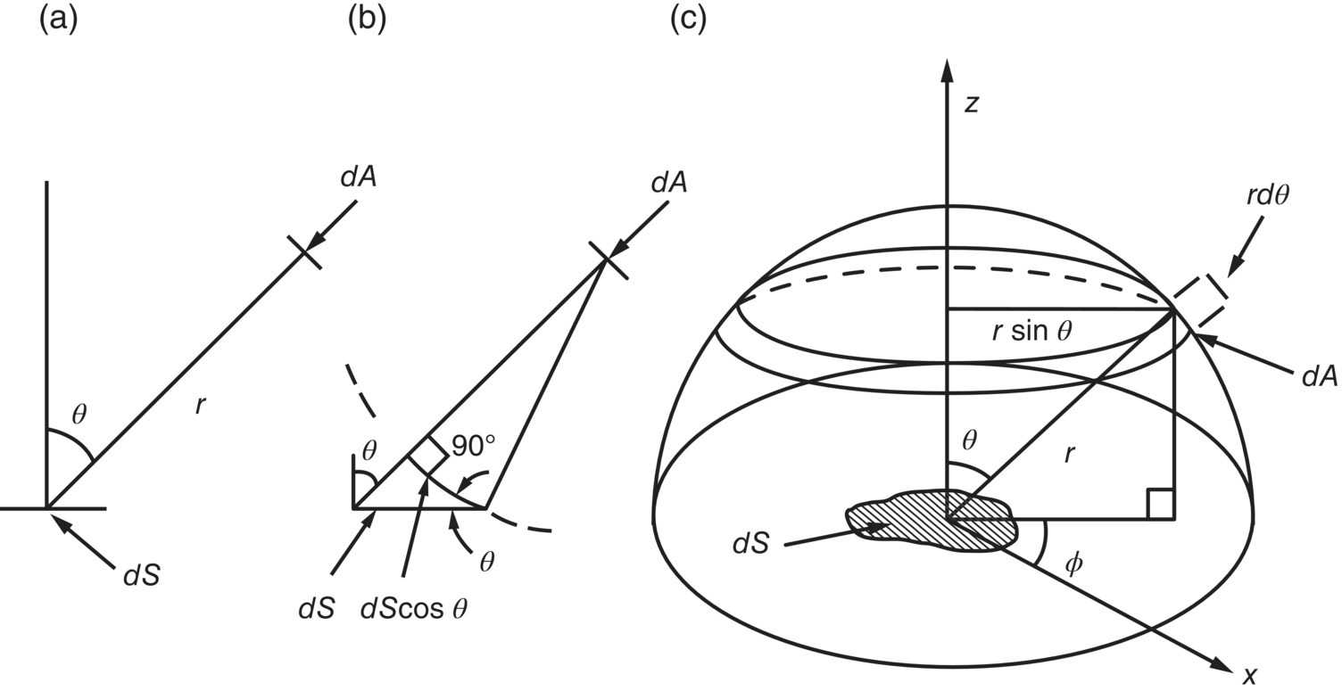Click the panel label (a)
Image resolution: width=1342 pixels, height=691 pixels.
tap(58, 21)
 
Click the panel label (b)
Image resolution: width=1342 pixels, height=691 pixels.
tap(367, 21)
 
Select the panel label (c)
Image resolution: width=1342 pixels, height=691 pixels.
tap(688, 21)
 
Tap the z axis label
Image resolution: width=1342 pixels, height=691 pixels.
tap(972, 104)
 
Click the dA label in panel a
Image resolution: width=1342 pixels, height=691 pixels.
tap(358, 177)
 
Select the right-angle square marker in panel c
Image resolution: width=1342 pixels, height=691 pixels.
tap(1160, 504)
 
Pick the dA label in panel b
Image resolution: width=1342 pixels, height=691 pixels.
tap(670, 184)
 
